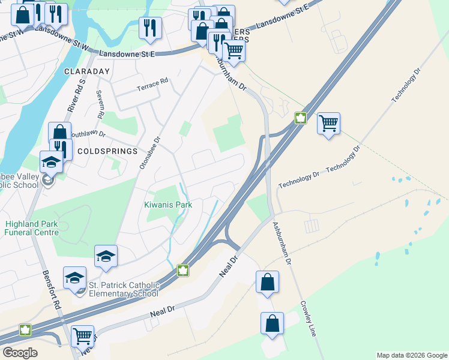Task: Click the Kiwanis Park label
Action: [164, 205]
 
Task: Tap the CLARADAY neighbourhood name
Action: [88, 71]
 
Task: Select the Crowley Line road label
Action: [308, 318]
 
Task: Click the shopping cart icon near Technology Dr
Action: [328, 124]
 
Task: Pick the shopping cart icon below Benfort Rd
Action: [82, 336]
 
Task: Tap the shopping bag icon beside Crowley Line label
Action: [272, 323]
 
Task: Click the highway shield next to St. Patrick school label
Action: [183, 271]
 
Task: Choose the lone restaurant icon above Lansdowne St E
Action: [149, 28]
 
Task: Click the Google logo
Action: [20, 352]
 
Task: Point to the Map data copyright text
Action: [411, 355]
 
